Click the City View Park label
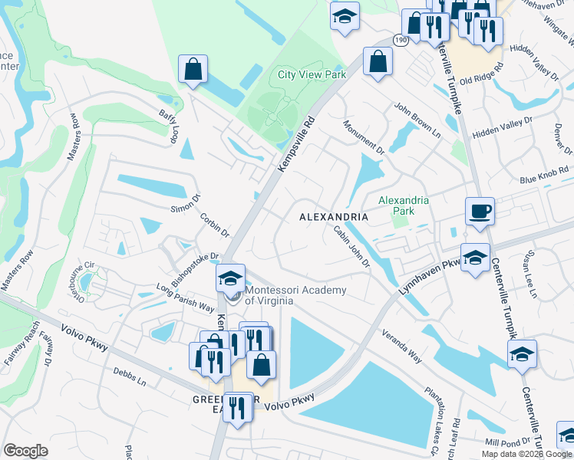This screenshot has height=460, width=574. point(312,74)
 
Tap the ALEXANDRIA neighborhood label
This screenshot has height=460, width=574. point(333,217)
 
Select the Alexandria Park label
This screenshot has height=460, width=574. point(404,205)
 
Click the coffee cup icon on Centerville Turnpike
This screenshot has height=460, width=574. point(480,211)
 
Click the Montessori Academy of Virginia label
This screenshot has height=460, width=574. point(295,295)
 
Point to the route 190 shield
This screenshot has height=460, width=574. point(401,38)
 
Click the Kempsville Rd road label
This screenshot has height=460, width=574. point(298,143)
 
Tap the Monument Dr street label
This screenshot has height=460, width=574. point(362,135)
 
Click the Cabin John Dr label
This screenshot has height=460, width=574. point(351,245)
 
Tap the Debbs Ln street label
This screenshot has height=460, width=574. point(130,379)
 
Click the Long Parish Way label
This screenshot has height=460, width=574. point(184,298)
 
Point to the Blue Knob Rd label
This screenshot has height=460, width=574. point(544,176)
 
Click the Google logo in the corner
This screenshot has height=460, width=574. point(25,450)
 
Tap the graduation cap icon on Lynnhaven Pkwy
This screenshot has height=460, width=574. point(475,258)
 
